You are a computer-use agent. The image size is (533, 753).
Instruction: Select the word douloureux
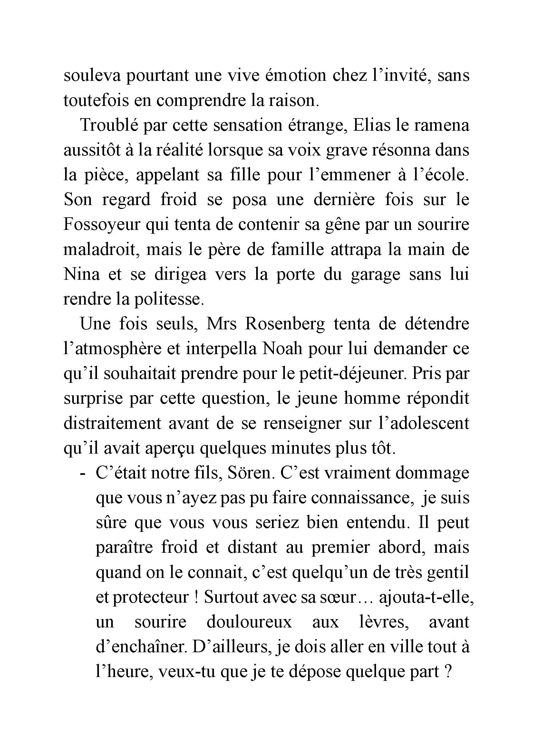(249, 623)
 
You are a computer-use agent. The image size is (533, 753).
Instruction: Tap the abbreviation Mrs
(220, 325)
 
